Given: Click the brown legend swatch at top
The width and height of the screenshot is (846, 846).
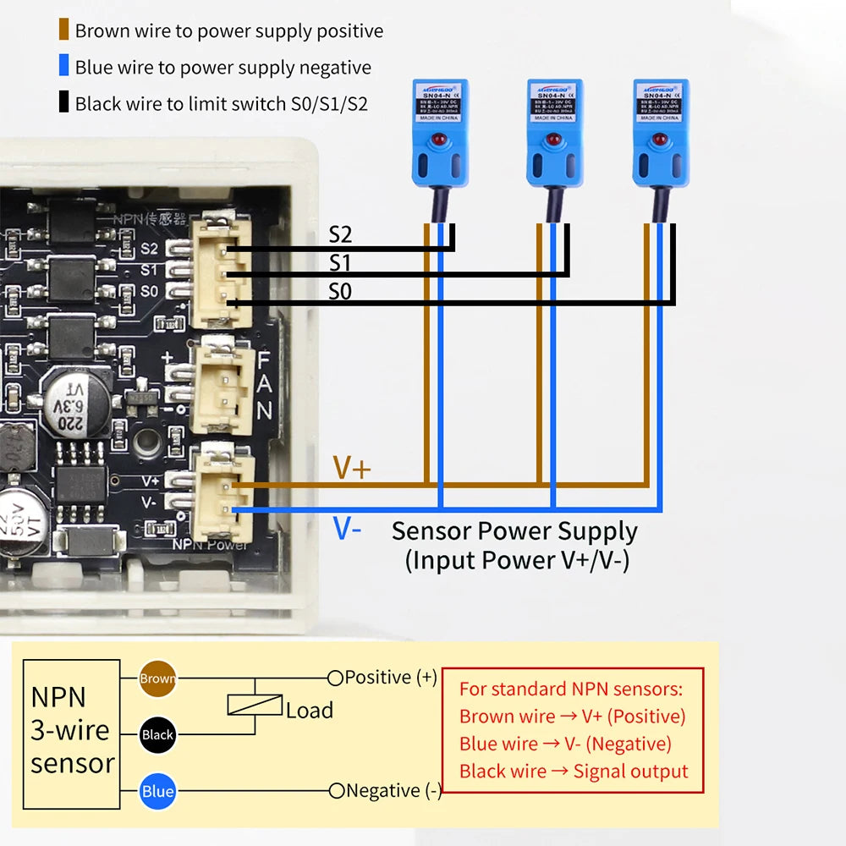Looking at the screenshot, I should click(63, 31).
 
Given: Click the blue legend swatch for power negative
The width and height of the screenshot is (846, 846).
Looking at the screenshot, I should click(63, 68).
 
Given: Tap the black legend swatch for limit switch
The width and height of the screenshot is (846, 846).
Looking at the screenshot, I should click(63, 104).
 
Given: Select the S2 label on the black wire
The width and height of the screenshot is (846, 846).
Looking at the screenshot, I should click(340, 235).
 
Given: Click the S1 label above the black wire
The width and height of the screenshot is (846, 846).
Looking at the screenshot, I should click(340, 263).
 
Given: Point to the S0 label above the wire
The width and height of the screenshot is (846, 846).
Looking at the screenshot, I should click(340, 292).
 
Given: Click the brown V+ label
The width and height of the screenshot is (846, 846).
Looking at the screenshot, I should click(351, 468).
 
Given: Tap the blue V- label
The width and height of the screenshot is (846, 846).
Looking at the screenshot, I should click(347, 530).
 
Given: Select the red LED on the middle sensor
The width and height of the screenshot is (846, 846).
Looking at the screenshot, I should click(553, 138).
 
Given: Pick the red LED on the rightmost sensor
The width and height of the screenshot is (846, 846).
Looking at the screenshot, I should click(660, 138).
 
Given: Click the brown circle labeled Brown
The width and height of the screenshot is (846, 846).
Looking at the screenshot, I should click(157, 678).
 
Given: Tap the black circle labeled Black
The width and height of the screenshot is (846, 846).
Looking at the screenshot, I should click(157, 734).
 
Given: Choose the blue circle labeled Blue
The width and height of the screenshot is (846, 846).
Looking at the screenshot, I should click(157, 792).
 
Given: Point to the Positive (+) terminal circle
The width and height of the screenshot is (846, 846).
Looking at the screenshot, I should click(335, 678).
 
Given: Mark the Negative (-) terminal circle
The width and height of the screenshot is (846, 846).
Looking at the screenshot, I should click(337, 791).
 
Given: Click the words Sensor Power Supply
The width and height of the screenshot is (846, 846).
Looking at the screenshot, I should click(514, 531).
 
